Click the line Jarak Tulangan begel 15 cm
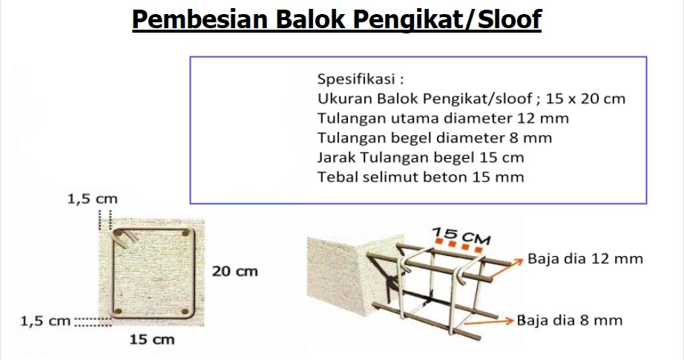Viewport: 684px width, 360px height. click(420, 157)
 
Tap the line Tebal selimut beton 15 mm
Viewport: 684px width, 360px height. click(420, 177)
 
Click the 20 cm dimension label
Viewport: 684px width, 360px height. click(235, 272)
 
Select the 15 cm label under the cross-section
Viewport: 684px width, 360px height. click(151, 340)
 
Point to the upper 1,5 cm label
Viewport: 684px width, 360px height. click(92, 199)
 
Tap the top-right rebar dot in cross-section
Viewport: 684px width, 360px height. click(183, 235)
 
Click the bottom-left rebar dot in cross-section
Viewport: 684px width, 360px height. click(117, 310)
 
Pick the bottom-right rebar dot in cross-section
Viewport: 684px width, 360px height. click(183, 310)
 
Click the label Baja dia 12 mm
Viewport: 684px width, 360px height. click(585, 259)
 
